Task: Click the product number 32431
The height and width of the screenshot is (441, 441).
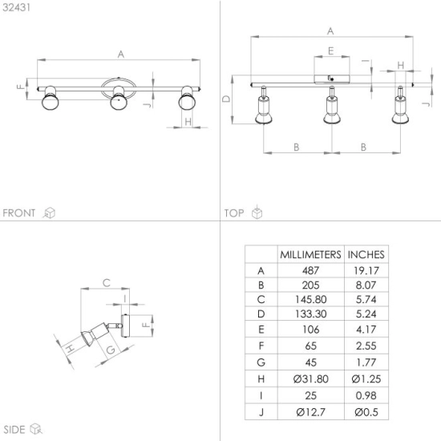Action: click(16, 7)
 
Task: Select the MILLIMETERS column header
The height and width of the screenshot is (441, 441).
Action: click(310, 254)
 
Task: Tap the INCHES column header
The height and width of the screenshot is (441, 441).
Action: click(366, 254)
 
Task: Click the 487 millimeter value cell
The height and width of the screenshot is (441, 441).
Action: click(310, 270)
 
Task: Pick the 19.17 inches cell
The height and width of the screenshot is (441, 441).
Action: click(366, 270)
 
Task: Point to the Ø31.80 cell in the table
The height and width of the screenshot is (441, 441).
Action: click(310, 378)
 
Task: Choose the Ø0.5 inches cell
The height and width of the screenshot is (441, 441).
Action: click(366, 412)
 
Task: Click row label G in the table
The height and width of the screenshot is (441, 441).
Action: click(261, 362)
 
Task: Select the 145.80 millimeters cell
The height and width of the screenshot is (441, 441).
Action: click(310, 299)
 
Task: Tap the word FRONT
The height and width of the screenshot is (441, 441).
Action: click(19, 213)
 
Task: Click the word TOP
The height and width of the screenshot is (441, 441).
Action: click(234, 213)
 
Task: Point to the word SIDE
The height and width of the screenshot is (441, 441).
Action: click(14, 430)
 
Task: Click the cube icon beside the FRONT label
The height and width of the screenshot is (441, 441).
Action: click(50, 213)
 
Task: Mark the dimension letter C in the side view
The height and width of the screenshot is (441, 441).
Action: click(107, 283)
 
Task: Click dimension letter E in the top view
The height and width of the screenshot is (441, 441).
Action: click(330, 51)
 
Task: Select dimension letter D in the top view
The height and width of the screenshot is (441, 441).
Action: click(226, 99)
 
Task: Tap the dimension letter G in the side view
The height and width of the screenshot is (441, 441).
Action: click(111, 350)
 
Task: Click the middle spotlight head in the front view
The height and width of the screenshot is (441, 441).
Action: click(119, 98)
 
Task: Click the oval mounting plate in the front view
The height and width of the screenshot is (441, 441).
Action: click(119, 79)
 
